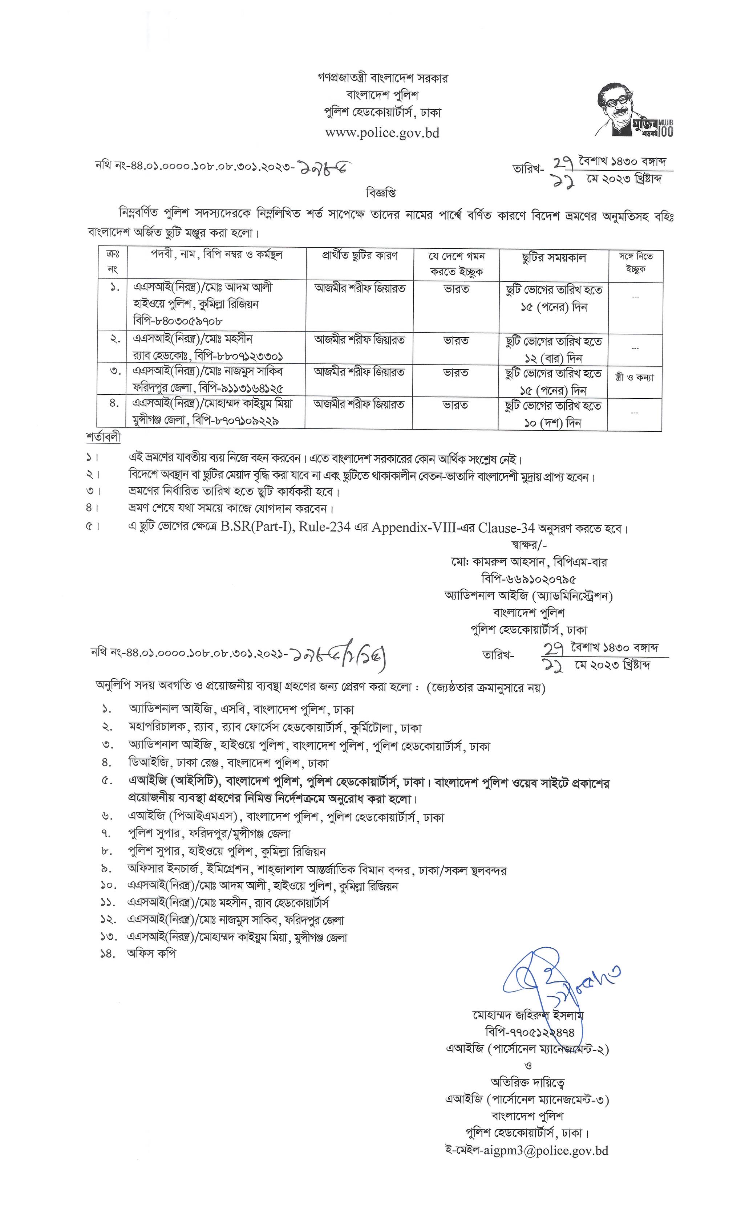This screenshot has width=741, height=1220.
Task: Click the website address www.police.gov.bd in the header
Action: pos(382,133)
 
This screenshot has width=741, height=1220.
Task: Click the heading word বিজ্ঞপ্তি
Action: pos(381,192)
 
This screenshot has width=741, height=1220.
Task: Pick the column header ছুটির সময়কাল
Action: pos(554,257)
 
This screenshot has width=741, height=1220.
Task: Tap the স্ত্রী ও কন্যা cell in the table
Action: pos(635,377)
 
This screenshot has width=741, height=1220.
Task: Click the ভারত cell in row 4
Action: pos(456,405)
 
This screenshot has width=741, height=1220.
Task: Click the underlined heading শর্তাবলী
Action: pos(103,438)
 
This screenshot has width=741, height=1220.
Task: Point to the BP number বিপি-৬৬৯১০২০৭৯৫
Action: pos(529,578)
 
